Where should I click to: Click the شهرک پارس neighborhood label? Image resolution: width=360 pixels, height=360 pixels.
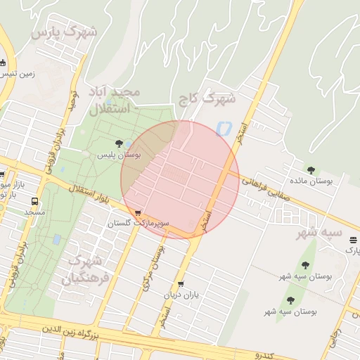click(64, 32)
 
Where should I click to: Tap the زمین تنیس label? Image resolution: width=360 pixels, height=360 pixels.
click(18, 73)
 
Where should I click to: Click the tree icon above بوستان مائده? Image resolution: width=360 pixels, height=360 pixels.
click(311, 169)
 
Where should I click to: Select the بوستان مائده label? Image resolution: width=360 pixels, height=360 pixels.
click(311, 181)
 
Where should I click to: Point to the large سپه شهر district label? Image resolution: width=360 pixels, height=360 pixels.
click(319, 232)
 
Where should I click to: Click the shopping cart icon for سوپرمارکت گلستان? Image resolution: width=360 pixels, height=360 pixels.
click(138, 212)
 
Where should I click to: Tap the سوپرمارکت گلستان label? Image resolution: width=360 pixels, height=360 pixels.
click(139, 224)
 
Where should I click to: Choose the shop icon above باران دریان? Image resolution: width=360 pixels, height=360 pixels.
click(181, 284)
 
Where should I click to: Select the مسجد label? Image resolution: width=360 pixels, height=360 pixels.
click(34, 211)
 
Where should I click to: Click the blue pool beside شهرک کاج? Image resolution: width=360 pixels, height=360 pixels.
click(224, 129)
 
